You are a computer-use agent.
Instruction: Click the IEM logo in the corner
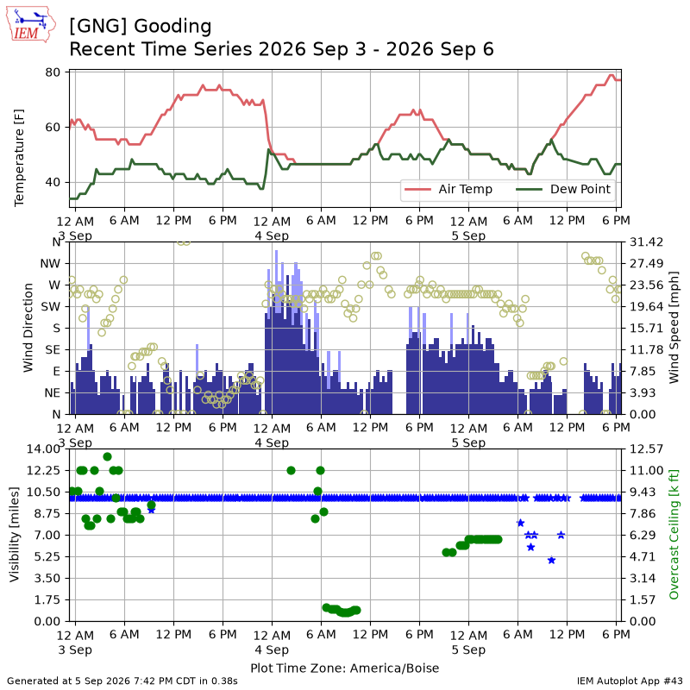tap(31, 25)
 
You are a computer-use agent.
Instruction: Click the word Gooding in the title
tap(172, 27)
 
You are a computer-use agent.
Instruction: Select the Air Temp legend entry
tap(448, 189)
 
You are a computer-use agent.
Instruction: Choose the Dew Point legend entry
tap(564, 189)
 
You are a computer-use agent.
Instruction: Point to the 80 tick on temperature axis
tap(53, 72)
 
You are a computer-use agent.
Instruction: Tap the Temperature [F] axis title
tap(19, 158)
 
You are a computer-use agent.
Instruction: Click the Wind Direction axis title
tap(28, 328)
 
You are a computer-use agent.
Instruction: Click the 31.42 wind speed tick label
tap(646, 242)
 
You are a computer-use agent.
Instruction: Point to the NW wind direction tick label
tap(50, 264)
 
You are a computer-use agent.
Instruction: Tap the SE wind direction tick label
tap(53, 350)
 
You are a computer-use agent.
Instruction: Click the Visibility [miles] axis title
tap(15, 535)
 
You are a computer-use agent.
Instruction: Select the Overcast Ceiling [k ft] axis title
tap(674, 535)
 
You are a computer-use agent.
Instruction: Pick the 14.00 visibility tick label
tap(43, 448)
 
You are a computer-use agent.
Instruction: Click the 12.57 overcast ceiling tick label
tap(646, 448)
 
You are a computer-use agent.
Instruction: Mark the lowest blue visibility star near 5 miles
tap(552, 560)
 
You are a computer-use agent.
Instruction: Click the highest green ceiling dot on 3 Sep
tap(107, 457)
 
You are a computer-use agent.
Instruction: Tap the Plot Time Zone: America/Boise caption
tap(344, 668)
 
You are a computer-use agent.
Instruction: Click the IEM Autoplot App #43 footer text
tap(630, 681)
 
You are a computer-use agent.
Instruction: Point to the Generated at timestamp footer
tap(122, 681)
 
